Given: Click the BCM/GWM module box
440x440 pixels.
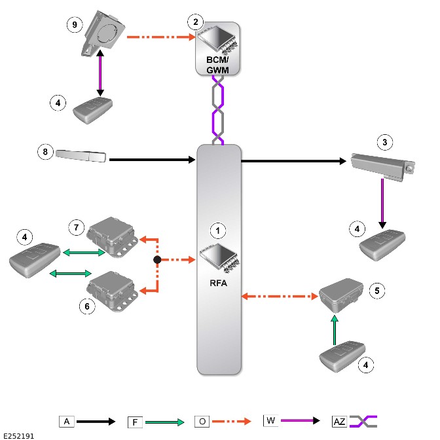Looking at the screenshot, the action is [x=217, y=49].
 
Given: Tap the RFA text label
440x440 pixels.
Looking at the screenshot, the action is [x=218, y=283].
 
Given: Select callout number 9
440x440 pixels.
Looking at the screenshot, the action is [x=75, y=25].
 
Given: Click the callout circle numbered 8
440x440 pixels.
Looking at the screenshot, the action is [x=45, y=152].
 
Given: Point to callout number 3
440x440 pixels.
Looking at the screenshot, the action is [x=385, y=142].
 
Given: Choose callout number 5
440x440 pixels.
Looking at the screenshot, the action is [x=377, y=291].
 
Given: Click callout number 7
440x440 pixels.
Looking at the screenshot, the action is [x=77, y=227].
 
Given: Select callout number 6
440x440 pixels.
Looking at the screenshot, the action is [x=87, y=306].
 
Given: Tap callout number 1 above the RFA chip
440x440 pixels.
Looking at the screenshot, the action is [x=218, y=230].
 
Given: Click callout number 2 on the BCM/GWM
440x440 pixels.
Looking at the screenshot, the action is [x=196, y=22].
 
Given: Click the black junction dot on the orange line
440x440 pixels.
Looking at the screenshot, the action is [x=157, y=260].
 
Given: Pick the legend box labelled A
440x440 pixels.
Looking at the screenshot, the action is [x=67, y=422].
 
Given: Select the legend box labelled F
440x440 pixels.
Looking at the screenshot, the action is [x=135, y=422].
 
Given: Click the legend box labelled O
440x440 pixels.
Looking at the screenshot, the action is [x=202, y=422].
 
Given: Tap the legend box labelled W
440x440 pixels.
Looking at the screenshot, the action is [x=271, y=420].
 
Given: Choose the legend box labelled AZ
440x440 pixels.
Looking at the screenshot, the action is [x=340, y=422].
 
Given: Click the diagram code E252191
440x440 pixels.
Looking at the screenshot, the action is [x=19, y=436].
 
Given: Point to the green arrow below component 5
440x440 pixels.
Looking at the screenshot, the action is [x=335, y=330].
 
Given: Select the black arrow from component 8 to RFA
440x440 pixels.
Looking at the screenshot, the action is [x=153, y=160].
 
